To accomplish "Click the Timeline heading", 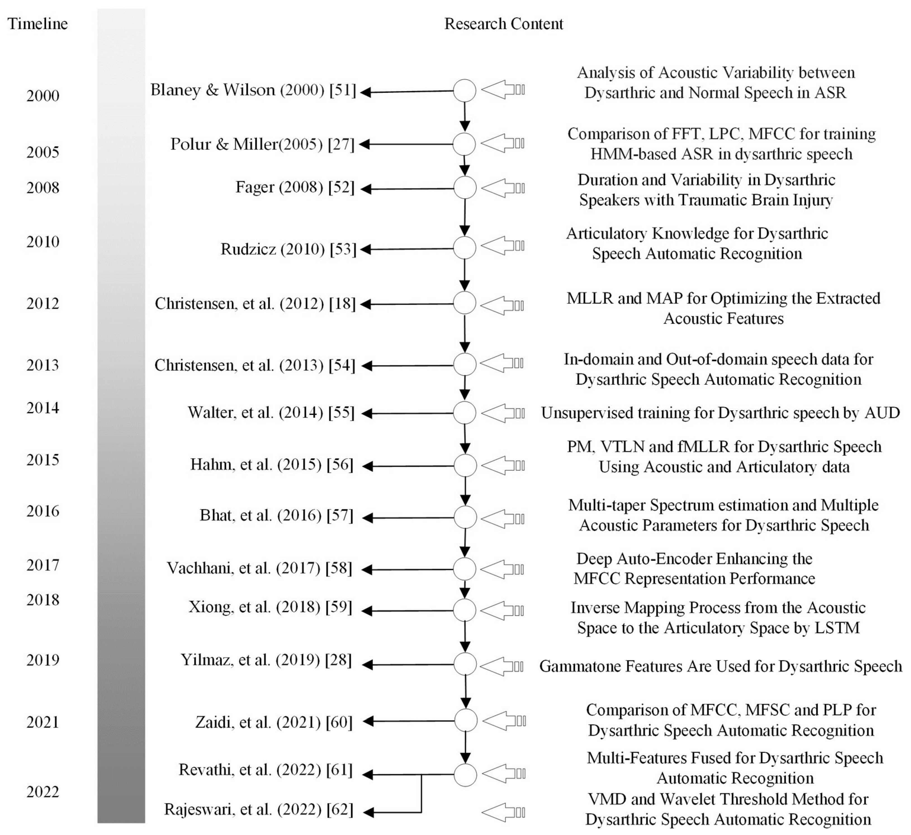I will click(37, 23).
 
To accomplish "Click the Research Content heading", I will click(504, 23).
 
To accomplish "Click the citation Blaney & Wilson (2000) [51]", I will click(253, 90).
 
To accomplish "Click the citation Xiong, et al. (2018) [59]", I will click(270, 607).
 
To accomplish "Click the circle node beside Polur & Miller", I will click(464, 144).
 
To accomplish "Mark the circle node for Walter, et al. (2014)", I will click(464, 413).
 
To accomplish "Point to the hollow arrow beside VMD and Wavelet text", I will click(503, 812).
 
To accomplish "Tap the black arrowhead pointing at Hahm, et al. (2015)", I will click(368, 466).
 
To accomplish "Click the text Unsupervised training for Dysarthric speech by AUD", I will click(720, 413).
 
